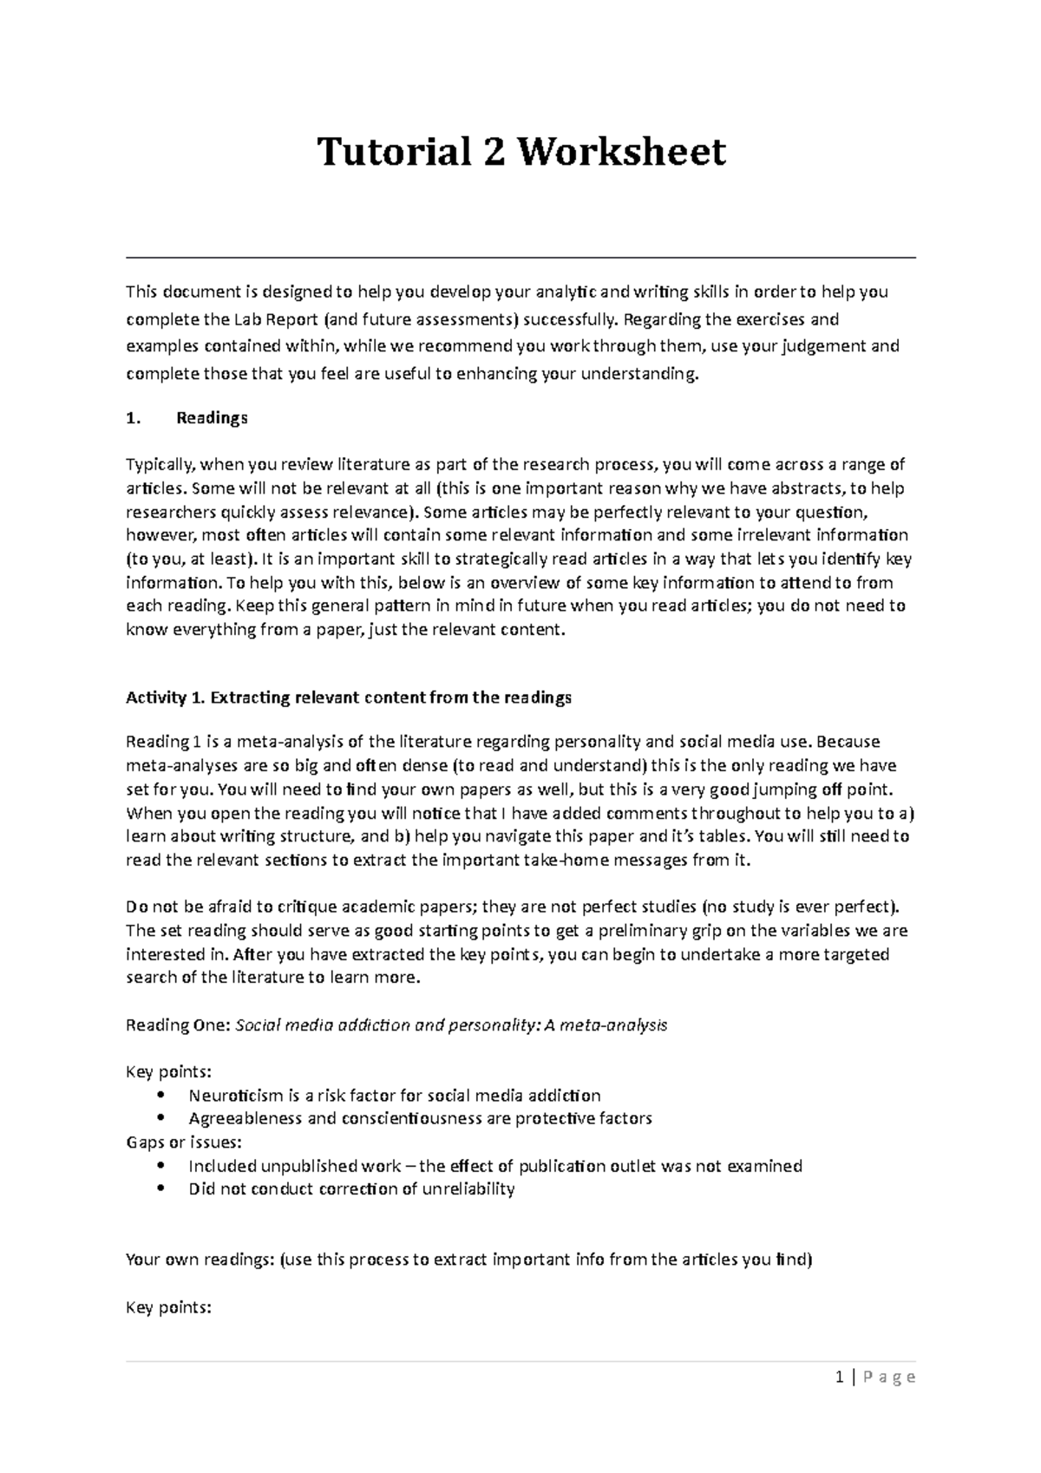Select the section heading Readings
tap(212, 418)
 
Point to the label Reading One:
tap(178, 1025)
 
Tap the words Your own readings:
tap(200, 1260)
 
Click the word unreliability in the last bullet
tap(468, 1189)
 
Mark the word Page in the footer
tap(888, 1378)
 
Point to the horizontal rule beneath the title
tap(520, 258)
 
